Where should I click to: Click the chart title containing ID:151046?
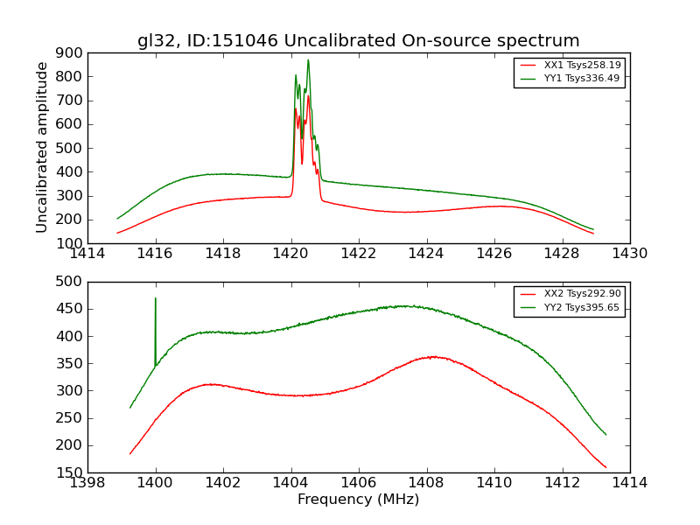click(x=358, y=40)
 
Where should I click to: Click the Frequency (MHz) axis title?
click(x=358, y=500)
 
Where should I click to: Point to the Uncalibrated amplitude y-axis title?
click(x=42, y=147)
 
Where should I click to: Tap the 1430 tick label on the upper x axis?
click(x=629, y=255)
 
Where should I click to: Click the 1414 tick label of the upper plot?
click(x=87, y=255)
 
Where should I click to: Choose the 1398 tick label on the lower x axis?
click(x=87, y=484)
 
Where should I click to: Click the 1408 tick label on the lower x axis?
click(x=426, y=484)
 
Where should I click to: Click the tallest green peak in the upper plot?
click(x=308, y=60)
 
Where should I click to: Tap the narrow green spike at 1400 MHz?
click(x=156, y=299)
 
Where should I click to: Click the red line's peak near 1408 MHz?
click(x=432, y=356)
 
